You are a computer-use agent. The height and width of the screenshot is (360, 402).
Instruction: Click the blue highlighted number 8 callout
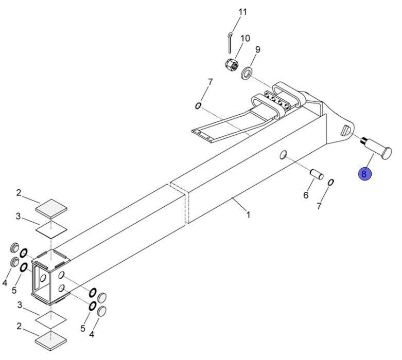364,174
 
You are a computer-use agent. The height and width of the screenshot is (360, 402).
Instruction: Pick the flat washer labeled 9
247,73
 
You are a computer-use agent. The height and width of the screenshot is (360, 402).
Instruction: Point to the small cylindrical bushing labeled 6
317,174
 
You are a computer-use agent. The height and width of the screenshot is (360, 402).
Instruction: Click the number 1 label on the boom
248,215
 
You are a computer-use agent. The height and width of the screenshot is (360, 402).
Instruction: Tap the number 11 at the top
242,12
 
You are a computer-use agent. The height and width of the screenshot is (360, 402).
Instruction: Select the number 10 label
245,39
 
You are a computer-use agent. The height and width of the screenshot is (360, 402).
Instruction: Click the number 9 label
258,49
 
